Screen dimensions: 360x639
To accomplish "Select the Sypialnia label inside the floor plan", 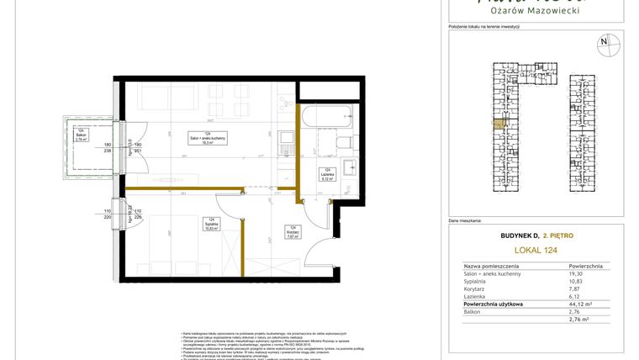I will pos(211,225).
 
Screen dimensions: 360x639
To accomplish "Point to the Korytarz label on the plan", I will pos(293,233).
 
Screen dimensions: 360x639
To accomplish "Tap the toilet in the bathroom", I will pos(346,143).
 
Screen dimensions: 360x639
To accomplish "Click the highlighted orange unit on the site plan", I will pos(499,124).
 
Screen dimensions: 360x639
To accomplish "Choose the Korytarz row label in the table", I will pos(477,289).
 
